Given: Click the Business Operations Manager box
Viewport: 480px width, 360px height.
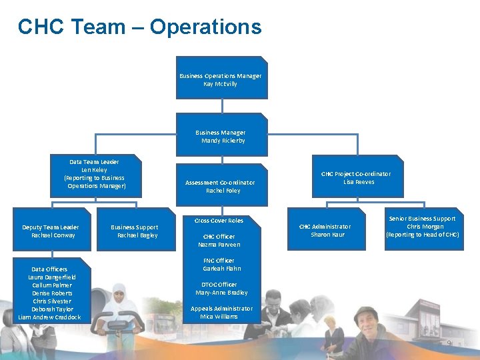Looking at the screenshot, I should click(221, 79).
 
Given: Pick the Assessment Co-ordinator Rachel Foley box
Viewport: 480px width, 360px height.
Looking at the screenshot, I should click(221, 186).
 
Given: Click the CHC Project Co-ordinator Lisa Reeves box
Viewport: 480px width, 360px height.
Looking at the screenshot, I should click(357, 177).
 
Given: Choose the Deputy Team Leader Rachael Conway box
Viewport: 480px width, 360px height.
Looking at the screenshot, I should click(51, 231).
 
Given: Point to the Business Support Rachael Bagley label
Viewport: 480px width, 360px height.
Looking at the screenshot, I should click(135, 231).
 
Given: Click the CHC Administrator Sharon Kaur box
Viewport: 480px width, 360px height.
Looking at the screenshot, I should click(325, 230).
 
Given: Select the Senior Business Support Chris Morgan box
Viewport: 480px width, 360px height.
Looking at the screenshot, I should click(423, 227).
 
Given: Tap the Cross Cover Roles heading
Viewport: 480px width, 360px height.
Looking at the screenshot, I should click(219, 221).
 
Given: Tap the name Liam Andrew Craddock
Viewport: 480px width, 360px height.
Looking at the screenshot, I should click(50, 317).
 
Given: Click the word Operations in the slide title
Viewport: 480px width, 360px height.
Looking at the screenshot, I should click(205, 27).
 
